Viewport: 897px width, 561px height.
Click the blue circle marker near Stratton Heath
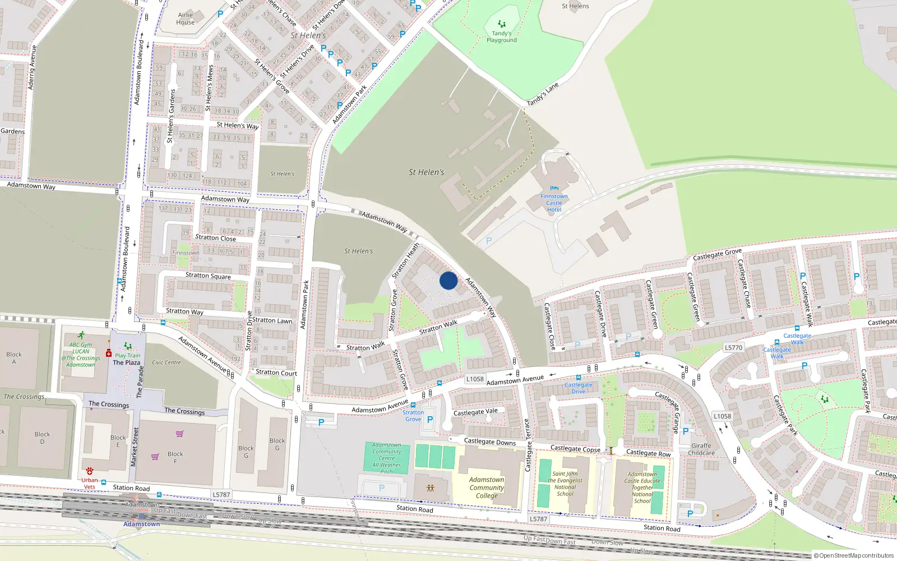[x=449, y=280]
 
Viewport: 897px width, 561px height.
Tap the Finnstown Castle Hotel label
[x=554, y=203]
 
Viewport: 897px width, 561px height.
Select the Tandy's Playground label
[x=502, y=37]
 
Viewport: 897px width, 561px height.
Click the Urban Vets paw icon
[x=90, y=471]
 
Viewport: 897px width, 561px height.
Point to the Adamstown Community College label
[x=487, y=488]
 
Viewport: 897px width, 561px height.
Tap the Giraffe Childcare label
[x=701, y=449]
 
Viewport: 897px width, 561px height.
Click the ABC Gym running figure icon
[x=82, y=335]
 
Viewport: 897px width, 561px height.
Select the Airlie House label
[x=186, y=19]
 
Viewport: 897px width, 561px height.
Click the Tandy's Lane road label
[x=543, y=94]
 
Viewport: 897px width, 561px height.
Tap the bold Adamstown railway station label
[x=142, y=524]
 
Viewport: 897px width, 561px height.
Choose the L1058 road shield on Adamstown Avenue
[x=475, y=379]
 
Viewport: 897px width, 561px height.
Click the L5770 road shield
[x=733, y=348]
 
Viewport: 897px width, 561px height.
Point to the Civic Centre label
[x=167, y=362]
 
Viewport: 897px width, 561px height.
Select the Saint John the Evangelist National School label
[x=565, y=484]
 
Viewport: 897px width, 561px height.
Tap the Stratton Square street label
[x=208, y=275]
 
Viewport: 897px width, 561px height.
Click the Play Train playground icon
[x=128, y=346]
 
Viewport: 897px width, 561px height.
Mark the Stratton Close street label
[x=215, y=238]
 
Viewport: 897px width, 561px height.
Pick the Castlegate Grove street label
[x=717, y=254]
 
